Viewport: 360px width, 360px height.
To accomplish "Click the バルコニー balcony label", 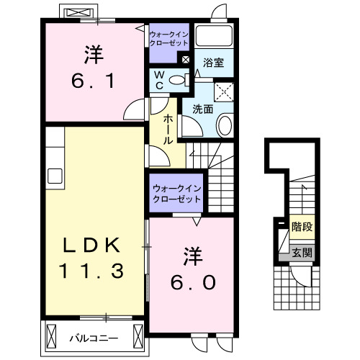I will coord(94,336).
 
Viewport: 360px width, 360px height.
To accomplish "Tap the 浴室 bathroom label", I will coord(213,63).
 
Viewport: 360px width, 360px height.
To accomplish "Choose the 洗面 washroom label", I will coord(202,109).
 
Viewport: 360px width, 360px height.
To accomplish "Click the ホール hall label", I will coord(167,130).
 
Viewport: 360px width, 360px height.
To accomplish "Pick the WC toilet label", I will coord(158,80).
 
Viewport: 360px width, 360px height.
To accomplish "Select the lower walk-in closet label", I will coord(176,193).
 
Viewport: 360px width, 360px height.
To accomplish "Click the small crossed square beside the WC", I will coord(187,60).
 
